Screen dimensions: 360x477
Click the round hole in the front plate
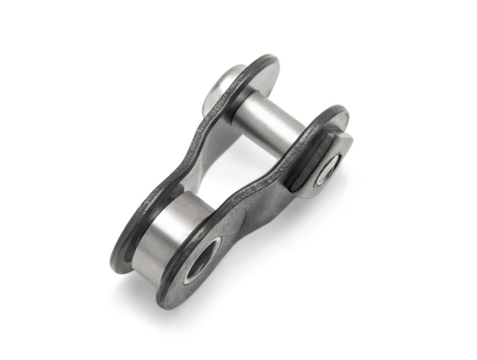201,260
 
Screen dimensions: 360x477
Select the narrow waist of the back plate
182,155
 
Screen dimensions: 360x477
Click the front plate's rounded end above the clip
332,115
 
